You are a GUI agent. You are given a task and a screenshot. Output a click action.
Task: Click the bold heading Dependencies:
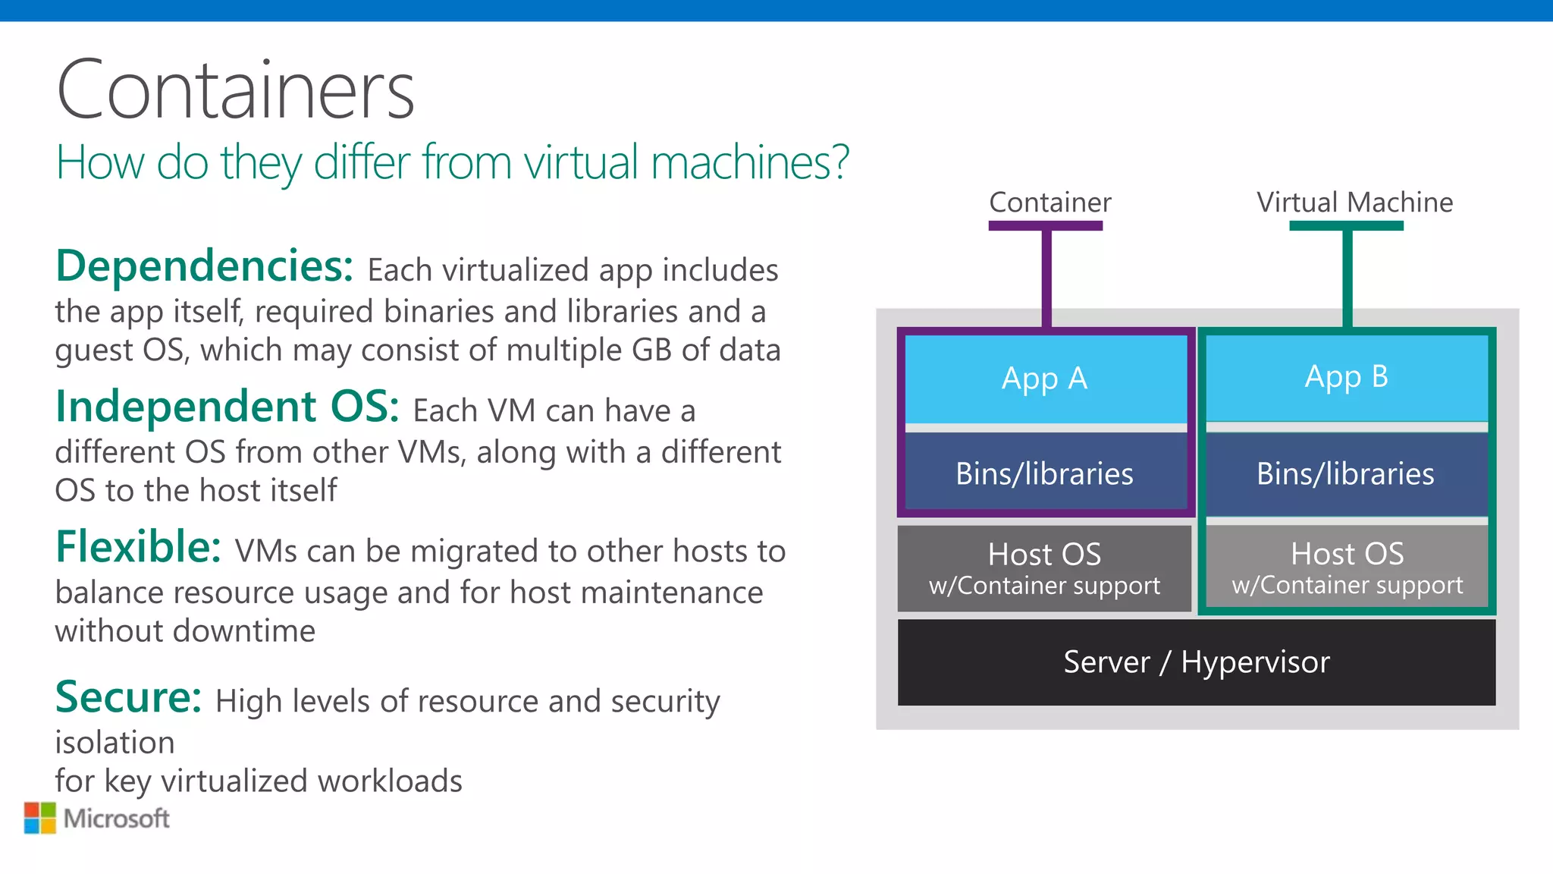[x=204, y=266]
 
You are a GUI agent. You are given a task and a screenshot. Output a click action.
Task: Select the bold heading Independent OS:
[x=227, y=407]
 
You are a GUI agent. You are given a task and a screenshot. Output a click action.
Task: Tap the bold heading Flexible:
[x=138, y=547]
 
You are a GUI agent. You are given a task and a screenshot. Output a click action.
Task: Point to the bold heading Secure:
[x=128, y=697]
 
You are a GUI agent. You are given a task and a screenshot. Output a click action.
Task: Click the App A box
[x=1045, y=379]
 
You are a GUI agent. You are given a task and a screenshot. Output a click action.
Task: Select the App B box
[x=1347, y=377]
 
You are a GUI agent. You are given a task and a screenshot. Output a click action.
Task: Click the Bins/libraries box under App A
[x=1045, y=473]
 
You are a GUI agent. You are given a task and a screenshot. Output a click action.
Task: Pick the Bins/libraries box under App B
[x=1346, y=473]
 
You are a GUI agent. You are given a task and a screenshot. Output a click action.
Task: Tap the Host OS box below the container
[x=1044, y=567]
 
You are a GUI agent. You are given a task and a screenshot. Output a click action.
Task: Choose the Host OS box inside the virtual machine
[x=1347, y=567]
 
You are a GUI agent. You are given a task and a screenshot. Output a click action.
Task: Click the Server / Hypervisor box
[x=1197, y=662]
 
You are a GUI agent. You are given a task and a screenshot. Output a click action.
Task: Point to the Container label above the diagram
[x=1050, y=203]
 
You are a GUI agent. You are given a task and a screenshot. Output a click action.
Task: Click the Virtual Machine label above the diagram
[x=1354, y=203]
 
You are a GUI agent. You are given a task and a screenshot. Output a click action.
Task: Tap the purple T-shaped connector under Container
[x=1046, y=273]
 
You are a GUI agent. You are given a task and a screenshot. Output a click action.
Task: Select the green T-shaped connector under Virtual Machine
[x=1348, y=273]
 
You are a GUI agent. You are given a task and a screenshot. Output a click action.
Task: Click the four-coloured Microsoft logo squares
[x=40, y=818]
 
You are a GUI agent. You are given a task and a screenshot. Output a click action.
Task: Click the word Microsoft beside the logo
[x=117, y=819]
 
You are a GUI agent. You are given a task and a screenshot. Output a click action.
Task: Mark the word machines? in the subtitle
[x=750, y=162]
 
